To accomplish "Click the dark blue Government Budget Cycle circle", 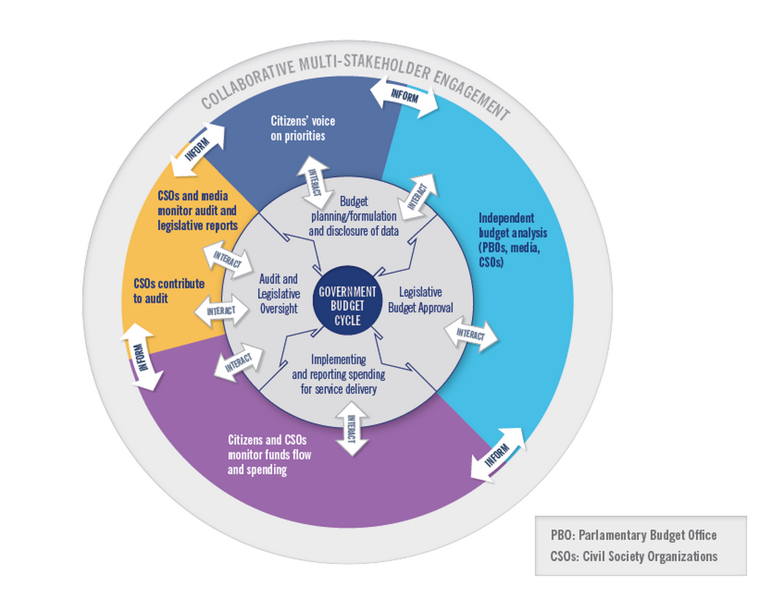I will coord(348,302).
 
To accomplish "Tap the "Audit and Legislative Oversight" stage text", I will coord(279,293).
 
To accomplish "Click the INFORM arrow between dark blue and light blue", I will coord(403,95).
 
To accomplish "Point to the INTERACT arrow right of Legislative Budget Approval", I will coord(471,335).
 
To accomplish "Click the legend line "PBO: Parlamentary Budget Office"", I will coord(633,535).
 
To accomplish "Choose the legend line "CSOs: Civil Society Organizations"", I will coord(634,556).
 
